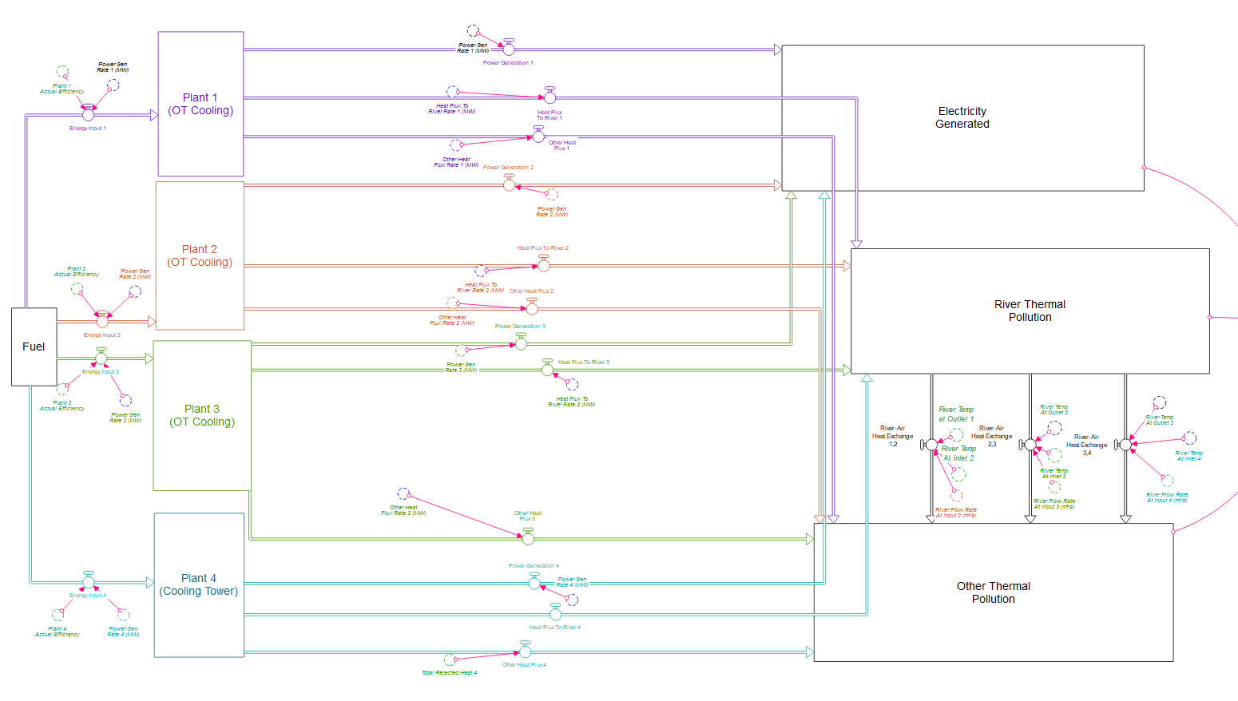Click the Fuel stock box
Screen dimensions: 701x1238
pos(34,347)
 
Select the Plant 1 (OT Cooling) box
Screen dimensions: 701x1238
pos(200,104)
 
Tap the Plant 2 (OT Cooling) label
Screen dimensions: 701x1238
pos(200,255)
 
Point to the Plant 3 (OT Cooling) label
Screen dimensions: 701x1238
pos(202,415)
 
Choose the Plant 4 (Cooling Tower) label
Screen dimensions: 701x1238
pos(199,584)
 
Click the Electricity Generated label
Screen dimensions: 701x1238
pos(962,117)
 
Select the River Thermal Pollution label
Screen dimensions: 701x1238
pos(1030,311)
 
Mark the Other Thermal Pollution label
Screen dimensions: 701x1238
pos(993,592)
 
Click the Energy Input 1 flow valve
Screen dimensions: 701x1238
pos(89,115)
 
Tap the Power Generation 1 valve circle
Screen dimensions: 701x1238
pos(509,50)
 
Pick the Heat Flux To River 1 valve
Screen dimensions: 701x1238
pos(550,97)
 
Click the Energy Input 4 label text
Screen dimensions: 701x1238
pos(87,596)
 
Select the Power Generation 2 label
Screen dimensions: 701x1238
pos(508,168)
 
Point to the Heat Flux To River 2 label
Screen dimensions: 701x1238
pos(542,248)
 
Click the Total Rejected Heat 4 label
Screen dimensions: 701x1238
pos(449,673)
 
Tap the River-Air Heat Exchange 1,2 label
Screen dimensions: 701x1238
pos(892,436)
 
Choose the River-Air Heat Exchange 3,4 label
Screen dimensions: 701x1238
pos(1086,445)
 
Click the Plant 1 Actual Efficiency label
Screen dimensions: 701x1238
pos(62,89)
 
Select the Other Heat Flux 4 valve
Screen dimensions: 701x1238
pos(525,652)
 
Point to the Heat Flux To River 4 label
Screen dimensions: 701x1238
pos(555,628)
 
